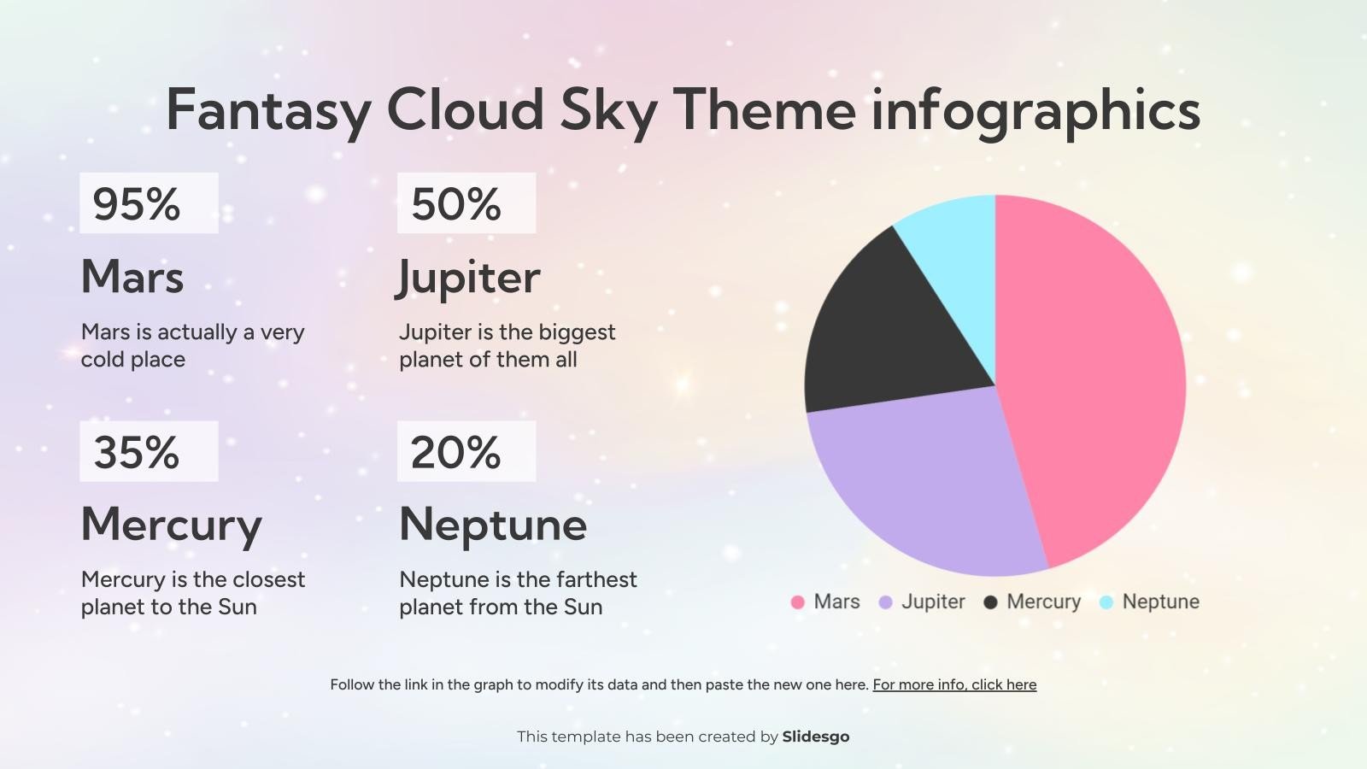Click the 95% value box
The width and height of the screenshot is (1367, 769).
pos(148,203)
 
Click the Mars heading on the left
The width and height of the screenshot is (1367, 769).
pos(132,277)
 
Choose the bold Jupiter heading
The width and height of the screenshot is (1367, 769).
pos(469,277)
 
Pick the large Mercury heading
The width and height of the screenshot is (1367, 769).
pos(171,525)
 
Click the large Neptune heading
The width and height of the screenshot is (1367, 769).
pos(493,525)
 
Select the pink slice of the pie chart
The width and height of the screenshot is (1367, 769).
pos(1094,376)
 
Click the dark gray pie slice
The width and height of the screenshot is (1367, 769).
pos(889,333)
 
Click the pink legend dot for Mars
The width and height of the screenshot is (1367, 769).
pos(798,602)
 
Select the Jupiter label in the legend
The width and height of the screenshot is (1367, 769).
pos(933,602)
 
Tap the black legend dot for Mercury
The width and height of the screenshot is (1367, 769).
pos(991,602)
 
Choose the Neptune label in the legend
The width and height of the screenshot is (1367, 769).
pos(1160,602)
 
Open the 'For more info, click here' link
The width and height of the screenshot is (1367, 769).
pos(954,684)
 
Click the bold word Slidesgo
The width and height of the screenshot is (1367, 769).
pos(816,737)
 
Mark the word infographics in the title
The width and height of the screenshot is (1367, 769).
pos(1036,109)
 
